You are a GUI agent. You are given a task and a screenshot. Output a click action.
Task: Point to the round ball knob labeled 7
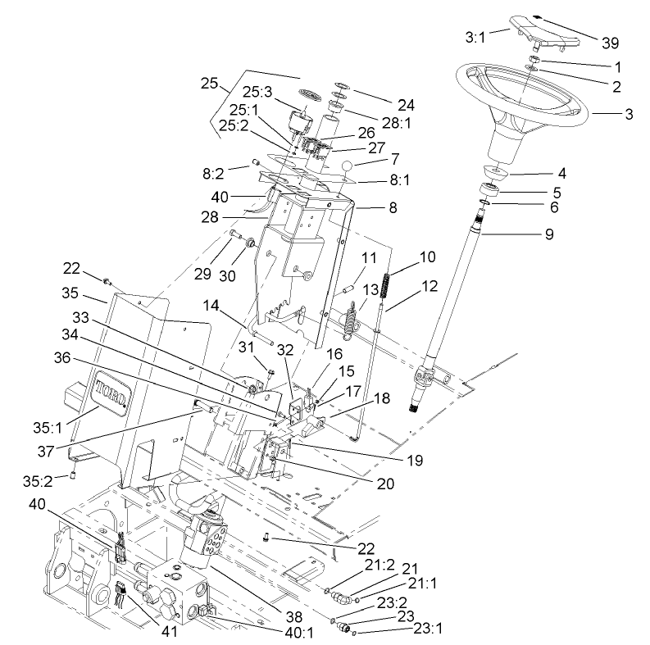click(x=348, y=168)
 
